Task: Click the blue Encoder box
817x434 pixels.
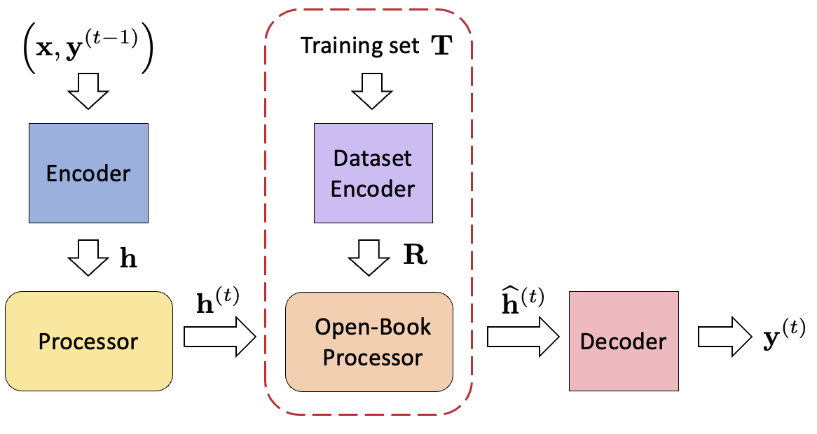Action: (88, 173)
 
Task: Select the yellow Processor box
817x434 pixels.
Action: (88, 341)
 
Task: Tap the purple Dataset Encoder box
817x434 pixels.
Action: (373, 173)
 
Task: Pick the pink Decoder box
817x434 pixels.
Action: (623, 341)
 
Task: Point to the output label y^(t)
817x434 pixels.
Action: (783, 341)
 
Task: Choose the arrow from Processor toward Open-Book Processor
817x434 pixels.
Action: (219, 338)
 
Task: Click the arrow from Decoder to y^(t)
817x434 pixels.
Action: (724, 338)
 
